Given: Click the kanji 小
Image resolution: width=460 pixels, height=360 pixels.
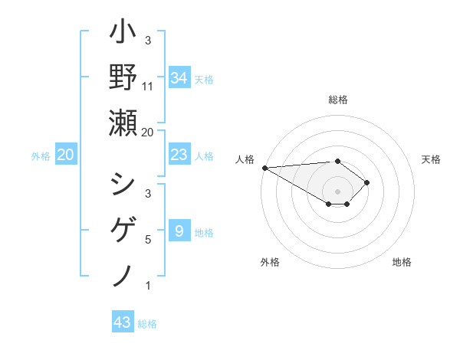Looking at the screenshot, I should coord(123,34).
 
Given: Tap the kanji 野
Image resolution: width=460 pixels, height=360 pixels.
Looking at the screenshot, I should coord(123,78).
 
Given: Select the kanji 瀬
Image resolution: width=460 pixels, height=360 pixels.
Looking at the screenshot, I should coord(123,123).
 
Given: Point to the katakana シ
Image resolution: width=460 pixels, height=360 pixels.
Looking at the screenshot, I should coord(123,185).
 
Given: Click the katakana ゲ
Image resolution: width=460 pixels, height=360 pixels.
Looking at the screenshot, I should coord(123,230).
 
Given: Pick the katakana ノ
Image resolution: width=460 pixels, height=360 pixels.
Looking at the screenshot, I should coord(123,274).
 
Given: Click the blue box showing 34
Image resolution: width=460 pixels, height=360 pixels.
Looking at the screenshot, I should coord(179,78).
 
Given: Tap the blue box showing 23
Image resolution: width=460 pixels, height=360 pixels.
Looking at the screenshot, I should coord(179,155).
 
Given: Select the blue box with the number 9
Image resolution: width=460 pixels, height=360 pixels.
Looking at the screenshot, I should coord(179,231).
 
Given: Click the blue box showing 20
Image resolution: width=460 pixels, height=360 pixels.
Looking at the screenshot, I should coord(66,155).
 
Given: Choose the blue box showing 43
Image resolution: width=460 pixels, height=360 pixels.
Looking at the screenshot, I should coord(122,322).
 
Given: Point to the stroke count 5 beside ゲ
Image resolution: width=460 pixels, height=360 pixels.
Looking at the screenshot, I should coord(148,240).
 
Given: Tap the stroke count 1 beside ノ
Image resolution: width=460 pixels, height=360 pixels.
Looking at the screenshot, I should coord(148,286).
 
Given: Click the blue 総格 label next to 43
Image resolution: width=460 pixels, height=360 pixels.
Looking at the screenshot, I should coord(147,324).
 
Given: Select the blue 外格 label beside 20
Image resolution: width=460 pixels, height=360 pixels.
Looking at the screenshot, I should coord(41,156).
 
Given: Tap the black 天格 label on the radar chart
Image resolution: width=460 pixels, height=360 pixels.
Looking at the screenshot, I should coord(431,159).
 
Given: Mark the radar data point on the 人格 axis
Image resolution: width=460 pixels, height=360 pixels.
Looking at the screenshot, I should coord(264,168).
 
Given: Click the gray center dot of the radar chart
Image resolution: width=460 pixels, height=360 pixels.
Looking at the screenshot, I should coord(337,191).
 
